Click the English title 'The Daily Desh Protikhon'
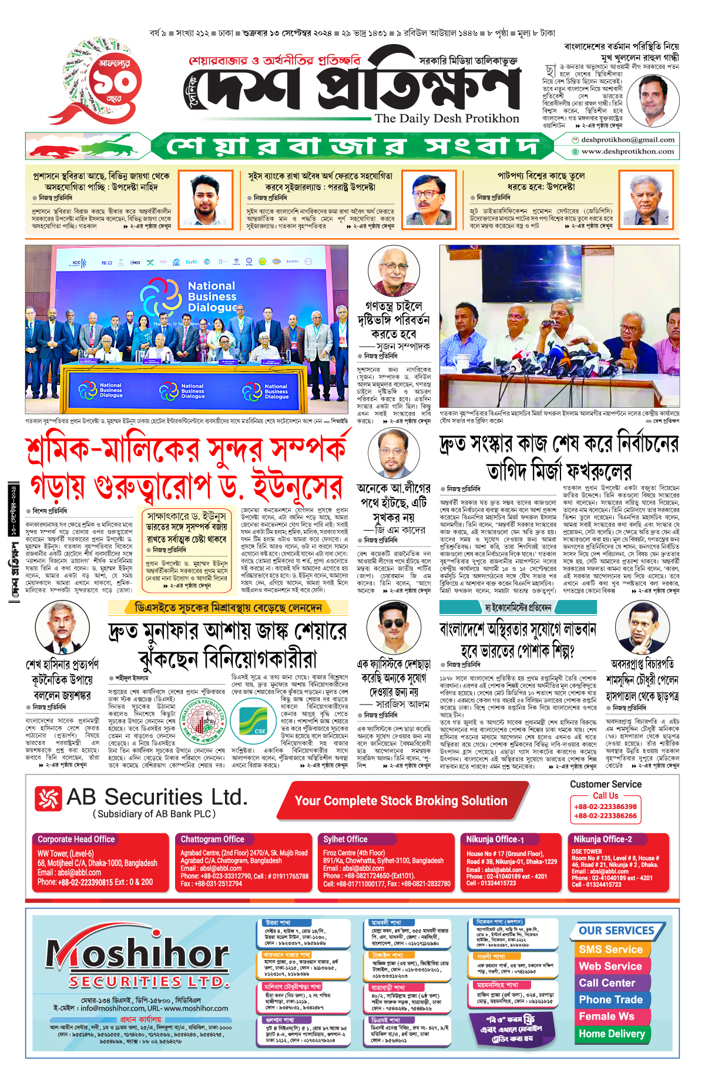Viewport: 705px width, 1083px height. [446, 118]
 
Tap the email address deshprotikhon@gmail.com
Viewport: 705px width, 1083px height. [627, 140]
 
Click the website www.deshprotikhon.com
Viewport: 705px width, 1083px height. [627, 151]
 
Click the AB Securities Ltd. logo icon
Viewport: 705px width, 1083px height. [48, 799]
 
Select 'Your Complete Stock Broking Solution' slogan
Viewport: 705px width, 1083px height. [401, 801]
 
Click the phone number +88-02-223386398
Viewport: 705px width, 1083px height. [605, 807]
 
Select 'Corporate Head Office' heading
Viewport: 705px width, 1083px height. [76, 839]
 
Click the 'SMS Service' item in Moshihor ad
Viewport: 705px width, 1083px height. [610, 950]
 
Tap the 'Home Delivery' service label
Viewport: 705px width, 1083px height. [612, 1034]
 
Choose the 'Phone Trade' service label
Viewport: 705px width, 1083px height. [610, 1000]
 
